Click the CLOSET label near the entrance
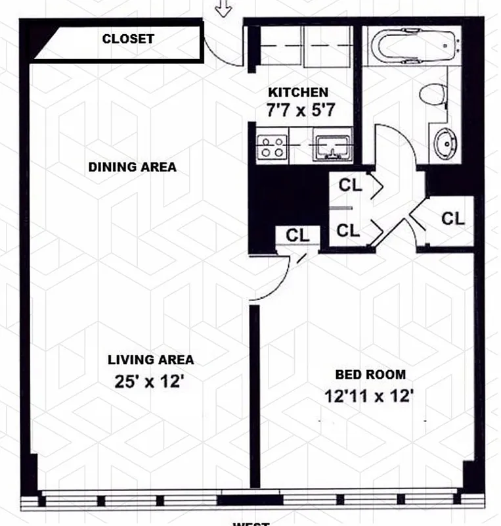(128, 39)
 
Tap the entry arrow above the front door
(225, 8)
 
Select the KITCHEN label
(297, 93)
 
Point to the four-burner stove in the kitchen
(271, 146)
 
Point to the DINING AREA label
(133, 167)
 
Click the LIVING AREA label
(151, 360)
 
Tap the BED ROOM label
(370, 375)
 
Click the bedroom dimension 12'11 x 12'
(368, 397)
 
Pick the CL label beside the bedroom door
(297, 235)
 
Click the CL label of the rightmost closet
(452, 218)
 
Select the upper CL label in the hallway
(350, 185)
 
